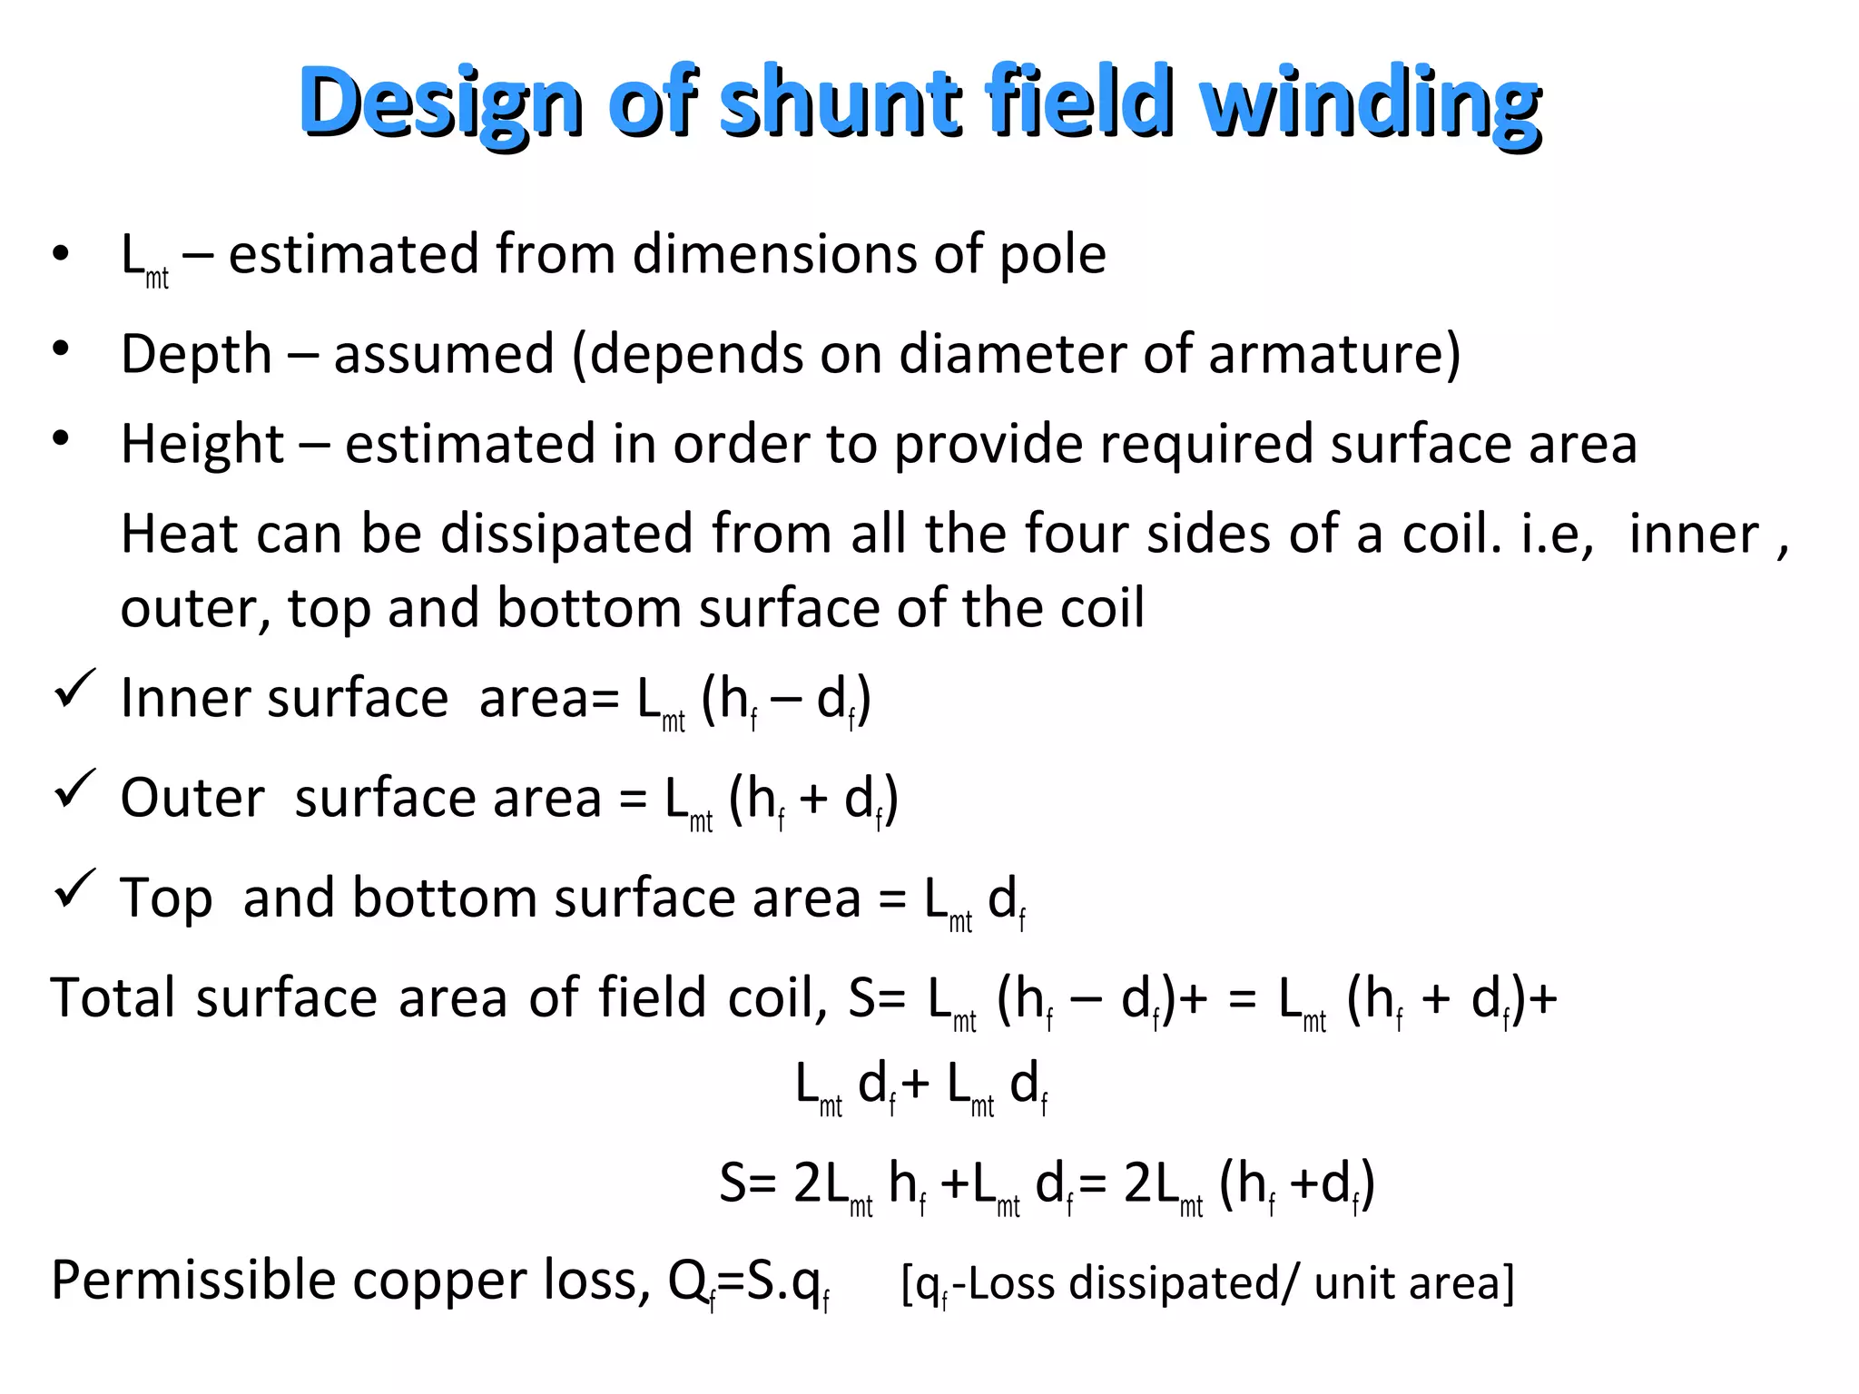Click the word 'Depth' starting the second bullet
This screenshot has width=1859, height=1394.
pyautogui.click(x=196, y=354)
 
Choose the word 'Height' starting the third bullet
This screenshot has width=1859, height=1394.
pyautogui.click(x=202, y=444)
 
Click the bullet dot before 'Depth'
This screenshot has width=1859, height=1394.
pyautogui.click(x=61, y=348)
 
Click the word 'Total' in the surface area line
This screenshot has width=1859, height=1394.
pyautogui.click(x=113, y=997)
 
